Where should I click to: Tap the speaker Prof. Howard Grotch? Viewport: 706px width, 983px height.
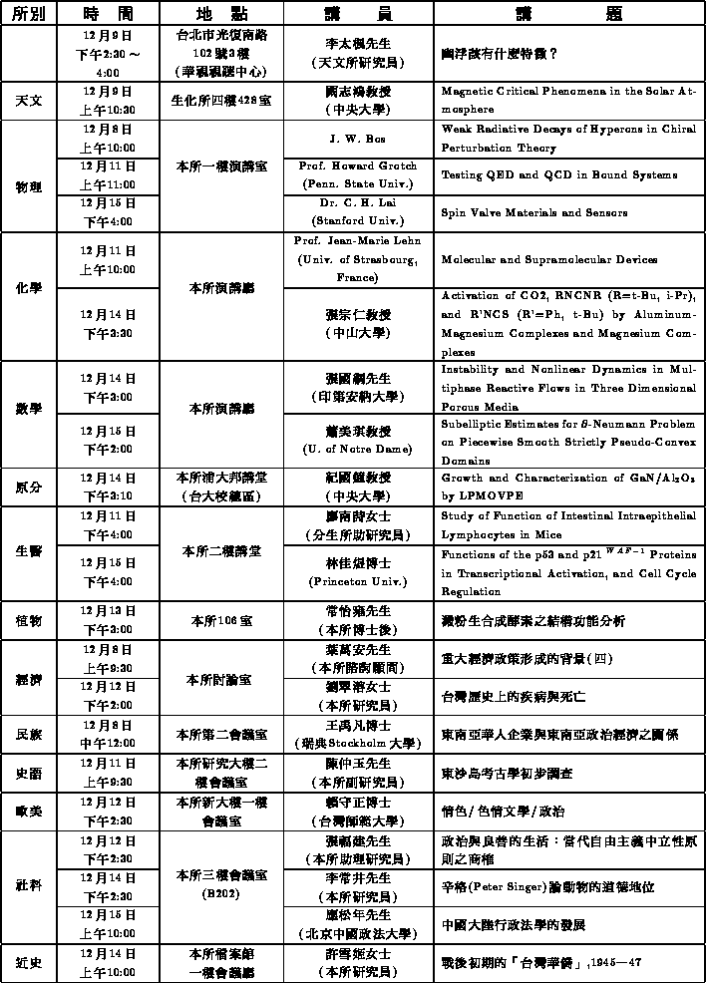point(357,165)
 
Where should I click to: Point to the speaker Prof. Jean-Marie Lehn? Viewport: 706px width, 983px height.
point(357,240)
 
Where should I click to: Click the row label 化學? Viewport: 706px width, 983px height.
point(28,288)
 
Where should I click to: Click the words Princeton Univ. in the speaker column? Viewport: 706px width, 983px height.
point(357,580)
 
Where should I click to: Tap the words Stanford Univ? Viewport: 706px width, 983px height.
point(357,220)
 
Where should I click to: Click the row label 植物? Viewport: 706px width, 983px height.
point(28,620)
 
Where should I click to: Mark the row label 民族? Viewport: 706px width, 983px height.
point(28,734)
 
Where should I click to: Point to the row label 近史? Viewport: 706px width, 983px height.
point(28,962)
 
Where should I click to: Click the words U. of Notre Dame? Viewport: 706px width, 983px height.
point(357,449)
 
